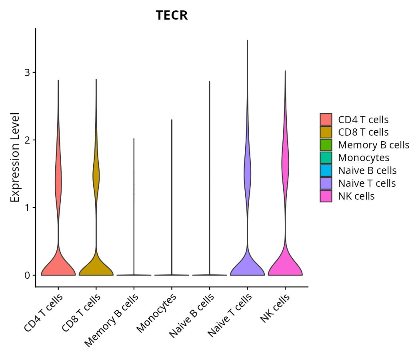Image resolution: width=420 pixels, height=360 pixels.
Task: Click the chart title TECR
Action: pos(172,15)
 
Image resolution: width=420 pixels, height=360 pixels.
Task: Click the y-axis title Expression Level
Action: pos(15,157)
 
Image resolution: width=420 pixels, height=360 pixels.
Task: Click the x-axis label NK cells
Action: pos(275,308)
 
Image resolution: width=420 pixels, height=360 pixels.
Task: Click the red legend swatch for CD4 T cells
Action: pos(326,119)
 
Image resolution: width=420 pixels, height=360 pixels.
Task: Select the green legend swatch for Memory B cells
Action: pos(326,145)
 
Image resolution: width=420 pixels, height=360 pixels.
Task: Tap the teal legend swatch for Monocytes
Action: pos(326,158)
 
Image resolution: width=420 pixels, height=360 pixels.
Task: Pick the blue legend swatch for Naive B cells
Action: pos(326,170)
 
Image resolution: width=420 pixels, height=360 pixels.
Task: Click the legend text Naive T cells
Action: pos(367,183)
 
